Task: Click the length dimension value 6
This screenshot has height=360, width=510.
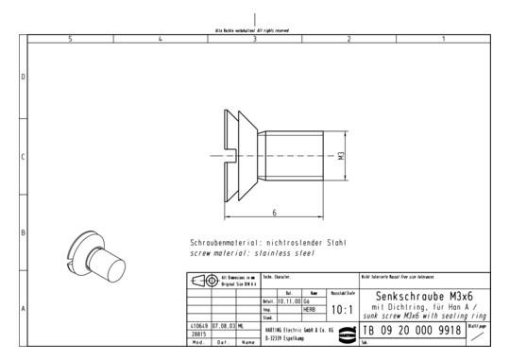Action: point(274,214)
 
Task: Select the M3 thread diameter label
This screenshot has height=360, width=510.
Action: point(341,160)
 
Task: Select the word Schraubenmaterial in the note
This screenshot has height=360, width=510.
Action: point(224,243)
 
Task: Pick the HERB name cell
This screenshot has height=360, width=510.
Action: point(308,308)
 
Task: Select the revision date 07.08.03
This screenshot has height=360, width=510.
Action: point(223,326)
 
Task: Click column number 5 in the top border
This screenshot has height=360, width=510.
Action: point(70,39)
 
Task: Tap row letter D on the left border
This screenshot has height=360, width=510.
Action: point(23,77)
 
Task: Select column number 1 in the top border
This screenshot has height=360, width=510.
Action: point(443,39)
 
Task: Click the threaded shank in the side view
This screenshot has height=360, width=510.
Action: point(293,157)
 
